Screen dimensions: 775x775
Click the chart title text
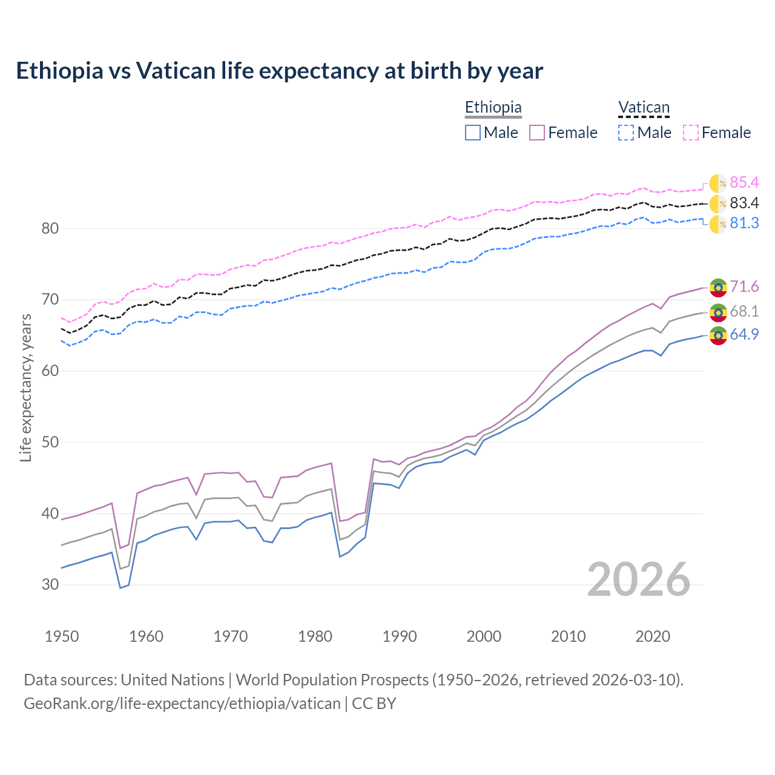[279, 71]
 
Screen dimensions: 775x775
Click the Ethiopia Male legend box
[473, 133]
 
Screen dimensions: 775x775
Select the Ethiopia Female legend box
[537, 133]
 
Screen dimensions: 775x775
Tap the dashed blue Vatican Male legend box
[626, 133]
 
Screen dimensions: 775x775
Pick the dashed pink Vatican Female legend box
[691, 133]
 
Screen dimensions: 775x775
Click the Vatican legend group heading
[644, 108]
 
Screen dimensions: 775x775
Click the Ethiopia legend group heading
[493, 108]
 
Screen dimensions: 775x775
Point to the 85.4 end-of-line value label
[744, 182]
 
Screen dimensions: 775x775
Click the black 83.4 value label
[744, 203]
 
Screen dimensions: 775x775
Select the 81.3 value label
[744, 223]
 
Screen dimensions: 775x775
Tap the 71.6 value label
[744, 286]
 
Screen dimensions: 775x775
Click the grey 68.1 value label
[744, 312]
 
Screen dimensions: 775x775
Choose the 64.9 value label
[744, 335]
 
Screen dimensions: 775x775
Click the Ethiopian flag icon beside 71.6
[718, 287]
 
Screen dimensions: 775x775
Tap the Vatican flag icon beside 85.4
[718, 183]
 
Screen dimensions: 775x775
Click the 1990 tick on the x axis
[400, 636]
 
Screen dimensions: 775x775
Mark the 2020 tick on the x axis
[653, 636]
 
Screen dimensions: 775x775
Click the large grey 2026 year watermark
[638, 579]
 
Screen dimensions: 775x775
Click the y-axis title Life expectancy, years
[26, 387]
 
